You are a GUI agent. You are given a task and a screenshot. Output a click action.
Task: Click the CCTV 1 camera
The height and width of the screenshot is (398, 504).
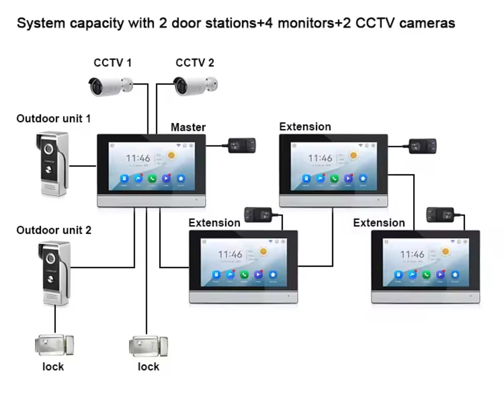point(110,85)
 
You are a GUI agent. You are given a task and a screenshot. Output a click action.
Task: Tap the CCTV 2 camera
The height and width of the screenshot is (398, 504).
point(195,85)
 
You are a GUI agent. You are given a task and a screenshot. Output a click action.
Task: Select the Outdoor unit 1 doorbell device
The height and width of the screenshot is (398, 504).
point(52,163)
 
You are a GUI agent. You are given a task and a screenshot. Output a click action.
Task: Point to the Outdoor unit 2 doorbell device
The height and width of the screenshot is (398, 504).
point(53,273)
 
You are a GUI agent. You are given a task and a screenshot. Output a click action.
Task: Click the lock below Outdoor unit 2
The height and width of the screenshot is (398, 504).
point(56,346)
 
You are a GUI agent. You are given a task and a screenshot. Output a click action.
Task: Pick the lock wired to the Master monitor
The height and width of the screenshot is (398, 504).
point(147,347)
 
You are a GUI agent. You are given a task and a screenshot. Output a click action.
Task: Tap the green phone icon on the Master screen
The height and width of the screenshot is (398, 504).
point(152,178)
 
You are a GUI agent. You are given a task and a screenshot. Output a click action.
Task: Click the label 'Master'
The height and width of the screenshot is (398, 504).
point(188,127)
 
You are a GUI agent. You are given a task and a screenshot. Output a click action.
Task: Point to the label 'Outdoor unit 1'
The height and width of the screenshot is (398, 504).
point(53,119)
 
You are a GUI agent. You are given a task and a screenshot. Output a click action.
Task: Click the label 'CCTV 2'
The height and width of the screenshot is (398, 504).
point(195,63)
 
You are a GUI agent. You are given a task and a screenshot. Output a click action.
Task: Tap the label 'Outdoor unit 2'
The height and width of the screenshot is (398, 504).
point(54,231)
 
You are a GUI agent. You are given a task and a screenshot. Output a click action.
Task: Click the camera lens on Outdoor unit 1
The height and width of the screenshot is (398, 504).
point(49,150)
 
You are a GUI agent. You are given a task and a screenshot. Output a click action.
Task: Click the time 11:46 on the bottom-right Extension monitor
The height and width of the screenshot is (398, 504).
point(412,255)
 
